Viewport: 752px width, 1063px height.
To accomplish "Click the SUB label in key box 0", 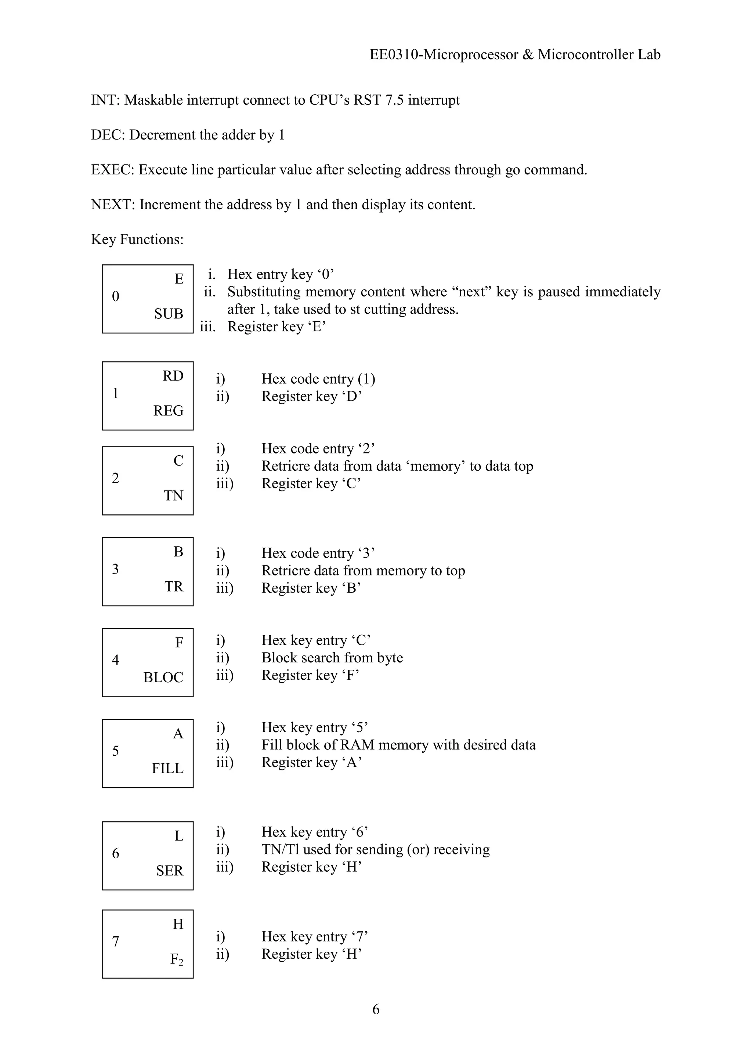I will [x=169, y=314].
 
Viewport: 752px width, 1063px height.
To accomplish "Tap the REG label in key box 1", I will [x=168, y=411].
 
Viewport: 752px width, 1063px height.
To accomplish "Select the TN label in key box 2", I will [x=173, y=496].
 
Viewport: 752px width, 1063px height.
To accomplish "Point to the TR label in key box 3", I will [x=174, y=587].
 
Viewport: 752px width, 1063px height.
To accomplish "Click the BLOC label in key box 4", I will [x=163, y=677].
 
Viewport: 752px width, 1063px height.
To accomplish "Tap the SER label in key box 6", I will [x=170, y=871].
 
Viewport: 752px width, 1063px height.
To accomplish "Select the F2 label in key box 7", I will [x=176, y=959].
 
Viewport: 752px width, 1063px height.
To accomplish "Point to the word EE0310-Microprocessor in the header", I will [x=444, y=55].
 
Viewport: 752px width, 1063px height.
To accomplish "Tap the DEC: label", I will [x=108, y=135].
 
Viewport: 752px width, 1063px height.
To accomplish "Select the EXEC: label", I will [x=112, y=170].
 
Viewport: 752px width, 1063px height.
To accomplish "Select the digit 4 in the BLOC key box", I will [x=115, y=660].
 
